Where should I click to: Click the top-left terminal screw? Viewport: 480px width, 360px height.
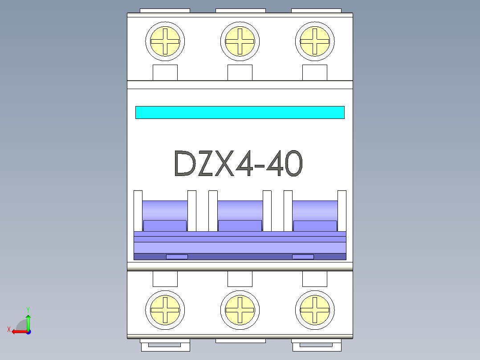165,41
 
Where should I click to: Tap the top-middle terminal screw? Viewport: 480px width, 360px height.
240,41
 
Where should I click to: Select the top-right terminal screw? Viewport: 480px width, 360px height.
315,41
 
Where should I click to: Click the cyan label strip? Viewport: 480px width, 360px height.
240,112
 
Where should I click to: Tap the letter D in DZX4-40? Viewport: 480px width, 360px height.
185,164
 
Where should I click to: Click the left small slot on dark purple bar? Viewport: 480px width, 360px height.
177,257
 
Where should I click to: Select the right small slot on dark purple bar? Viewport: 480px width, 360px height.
303,257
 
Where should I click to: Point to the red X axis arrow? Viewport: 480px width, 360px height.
17,331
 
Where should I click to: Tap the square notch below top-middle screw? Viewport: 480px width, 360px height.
240,72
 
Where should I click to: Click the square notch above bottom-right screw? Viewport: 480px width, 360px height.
315,279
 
